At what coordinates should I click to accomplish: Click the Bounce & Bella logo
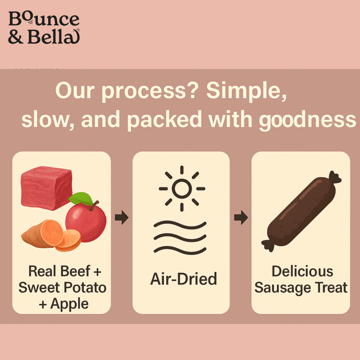point(44,28)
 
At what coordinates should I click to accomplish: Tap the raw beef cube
point(46,185)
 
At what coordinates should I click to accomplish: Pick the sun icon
point(182,189)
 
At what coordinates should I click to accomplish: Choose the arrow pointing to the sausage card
point(241,218)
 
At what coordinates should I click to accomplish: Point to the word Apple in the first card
point(69,303)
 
